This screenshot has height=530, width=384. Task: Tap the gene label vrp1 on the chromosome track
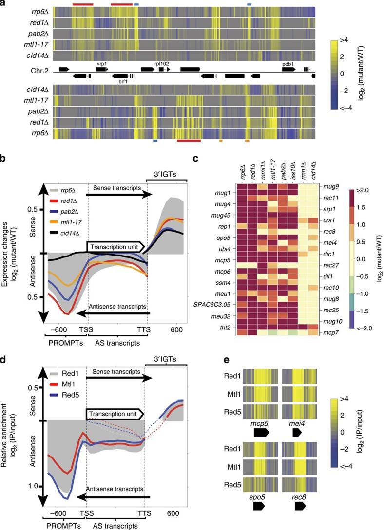click(x=101, y=64)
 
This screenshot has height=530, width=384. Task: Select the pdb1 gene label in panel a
click(x=288, y=64)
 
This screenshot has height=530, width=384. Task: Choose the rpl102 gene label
click(x=161, y=64)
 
